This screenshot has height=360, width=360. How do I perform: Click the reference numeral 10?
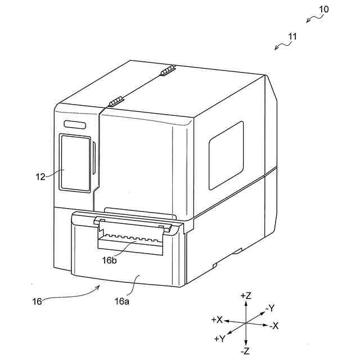pyautogui.click(x=324, y=10)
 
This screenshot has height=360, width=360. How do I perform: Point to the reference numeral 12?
pyautogui.click(x=40, y=176)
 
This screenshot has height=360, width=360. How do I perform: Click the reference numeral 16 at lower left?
pyautogui.click(x=37, y=301)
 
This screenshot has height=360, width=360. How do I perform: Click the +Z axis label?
pyautogui.click(x=245, y=295)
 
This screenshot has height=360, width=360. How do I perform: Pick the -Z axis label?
pyautogui.click(x=245, y=351)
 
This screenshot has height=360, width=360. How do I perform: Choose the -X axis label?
pyautogui.click(x=275, y=326)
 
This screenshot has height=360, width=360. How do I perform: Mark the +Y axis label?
pyautogui.click(x=220, y=339)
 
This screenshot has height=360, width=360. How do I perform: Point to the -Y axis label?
pyautogui.click(x=269, y=308)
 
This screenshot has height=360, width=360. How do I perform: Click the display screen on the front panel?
pyautogui.click(x=75, y=163)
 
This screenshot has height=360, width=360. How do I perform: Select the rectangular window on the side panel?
pyautogui.click(x=226, y=156)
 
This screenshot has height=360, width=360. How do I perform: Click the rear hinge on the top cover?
pyautogui.click(x=168, y=71)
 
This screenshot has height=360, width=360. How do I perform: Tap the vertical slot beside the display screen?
pyautogui.click(x=94, y=159)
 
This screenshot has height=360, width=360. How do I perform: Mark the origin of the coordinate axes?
pyautogui.click(x=246, y=322)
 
